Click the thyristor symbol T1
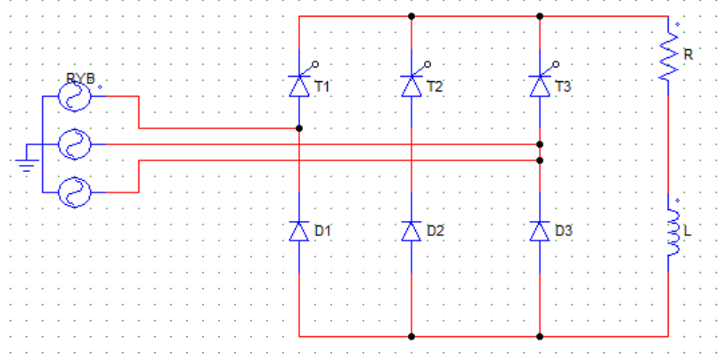coord(299,86)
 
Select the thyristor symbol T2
coord(411,86)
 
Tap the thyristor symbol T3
coord(540,86)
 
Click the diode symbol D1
coord(299,231)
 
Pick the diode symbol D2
coord(411,231)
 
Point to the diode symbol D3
coord(540,231)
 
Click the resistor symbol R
coord(668,58)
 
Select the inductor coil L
coord(672,232)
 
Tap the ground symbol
coord(27,162)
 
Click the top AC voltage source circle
coord(74,96)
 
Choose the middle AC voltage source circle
coord(74,144)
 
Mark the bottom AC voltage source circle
coord(74,192)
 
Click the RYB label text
coord(80,78)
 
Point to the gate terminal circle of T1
coord(315,64)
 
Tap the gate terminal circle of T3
coord(556,64)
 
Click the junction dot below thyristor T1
coord(299,128)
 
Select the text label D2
coord(436,231)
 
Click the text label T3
coord(563,86)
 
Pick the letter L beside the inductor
coord(688,232)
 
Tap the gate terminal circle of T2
coord(428,64)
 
